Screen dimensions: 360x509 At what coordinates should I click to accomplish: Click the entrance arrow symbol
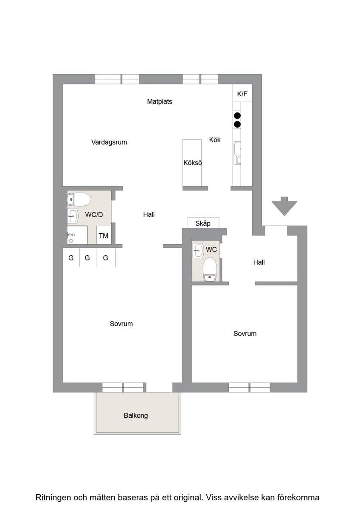[x=284, y=206]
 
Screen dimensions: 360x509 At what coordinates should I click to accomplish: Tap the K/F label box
[x=242, y=93]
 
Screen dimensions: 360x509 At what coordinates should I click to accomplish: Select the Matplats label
[x=160, y=101]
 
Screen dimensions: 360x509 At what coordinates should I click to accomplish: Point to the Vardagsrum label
[x=109, y=142]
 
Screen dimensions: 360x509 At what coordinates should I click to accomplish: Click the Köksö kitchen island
[x=192, y=163]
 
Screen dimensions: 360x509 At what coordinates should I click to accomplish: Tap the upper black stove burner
[x=237, y=116]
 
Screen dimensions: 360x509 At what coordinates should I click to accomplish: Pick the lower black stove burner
[x=237, y=124]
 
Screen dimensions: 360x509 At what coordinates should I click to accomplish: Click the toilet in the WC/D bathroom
[x=79, y=199]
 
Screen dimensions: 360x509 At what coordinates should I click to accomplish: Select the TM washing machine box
[x=104, y=235]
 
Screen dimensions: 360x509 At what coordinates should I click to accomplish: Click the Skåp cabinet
[x=203, y=223]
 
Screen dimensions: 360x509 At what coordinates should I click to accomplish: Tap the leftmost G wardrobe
[x=71, y=257]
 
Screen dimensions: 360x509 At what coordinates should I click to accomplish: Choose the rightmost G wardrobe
[x=106, y=257]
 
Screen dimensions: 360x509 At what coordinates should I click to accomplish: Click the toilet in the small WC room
[x=209, y=269]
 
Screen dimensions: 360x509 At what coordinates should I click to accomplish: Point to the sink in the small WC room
[x=198, y=251]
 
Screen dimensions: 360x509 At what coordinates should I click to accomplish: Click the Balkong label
[x=136, y=416]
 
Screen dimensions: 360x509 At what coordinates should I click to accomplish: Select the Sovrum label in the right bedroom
[x=245, y=333]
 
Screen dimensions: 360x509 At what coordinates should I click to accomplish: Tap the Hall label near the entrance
[x=259, y=262]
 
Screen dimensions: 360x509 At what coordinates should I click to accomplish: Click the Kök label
[x=215, y=140]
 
